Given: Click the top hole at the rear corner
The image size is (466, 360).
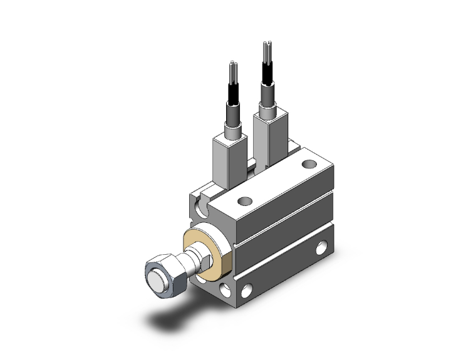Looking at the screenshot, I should (308, 164).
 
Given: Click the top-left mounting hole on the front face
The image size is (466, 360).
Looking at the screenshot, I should (201, 206).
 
